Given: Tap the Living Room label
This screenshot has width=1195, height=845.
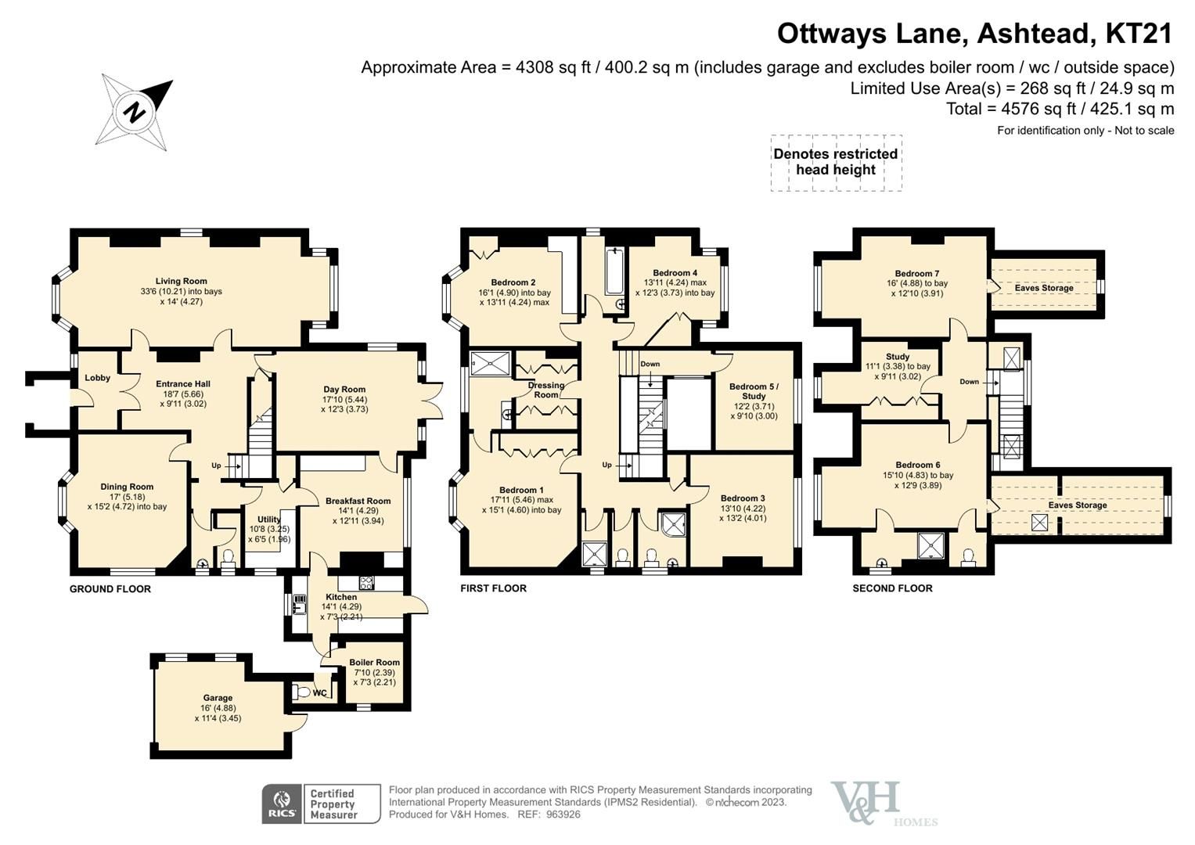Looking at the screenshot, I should pos(181,281).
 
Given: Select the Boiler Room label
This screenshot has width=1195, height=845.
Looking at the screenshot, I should pos(374,662).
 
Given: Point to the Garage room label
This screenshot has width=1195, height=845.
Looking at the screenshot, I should pos(218,698).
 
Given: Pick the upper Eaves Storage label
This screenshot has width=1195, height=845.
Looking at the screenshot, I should pos(1044,288).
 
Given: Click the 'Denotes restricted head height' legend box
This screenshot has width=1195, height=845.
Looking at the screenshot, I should pos(836,162).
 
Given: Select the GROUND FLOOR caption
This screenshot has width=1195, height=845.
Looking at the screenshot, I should pos(110,589).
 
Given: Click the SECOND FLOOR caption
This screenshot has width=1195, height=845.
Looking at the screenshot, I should pos(892,588).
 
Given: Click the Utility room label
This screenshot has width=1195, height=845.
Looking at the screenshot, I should pos(269,520).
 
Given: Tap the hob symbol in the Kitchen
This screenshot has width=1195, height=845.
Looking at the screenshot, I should pos(366,582).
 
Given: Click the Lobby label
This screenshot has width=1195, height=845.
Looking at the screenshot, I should pos(98,378).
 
